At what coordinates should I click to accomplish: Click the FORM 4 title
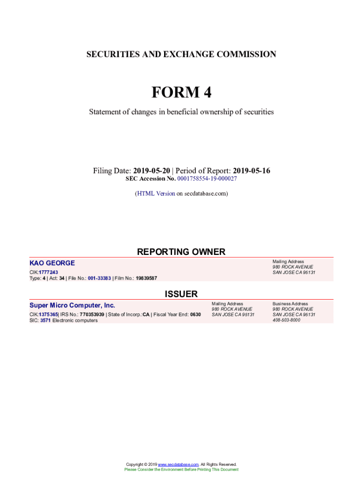tap(181, 93)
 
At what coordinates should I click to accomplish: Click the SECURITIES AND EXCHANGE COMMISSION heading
tap(181, 54)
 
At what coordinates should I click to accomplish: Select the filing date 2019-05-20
tap(151, 171)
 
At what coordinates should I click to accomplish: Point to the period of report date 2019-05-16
tap(252, 171)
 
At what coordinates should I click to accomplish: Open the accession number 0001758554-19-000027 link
tap(207, 179)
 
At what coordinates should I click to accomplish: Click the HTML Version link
tap(156, 193)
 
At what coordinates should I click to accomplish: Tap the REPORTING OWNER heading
tap(181, 252)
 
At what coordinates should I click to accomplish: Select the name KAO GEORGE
tap(52, 263)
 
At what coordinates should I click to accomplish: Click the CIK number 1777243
tap(49, 272)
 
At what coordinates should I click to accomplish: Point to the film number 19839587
tap(146, 278)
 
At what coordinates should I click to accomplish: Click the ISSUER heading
tap(181, 294)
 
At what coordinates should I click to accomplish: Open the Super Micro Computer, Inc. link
tap(72, 305)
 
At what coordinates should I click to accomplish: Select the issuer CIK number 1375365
tap(48, 314)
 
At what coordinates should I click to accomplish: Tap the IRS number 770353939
tap(92, 314)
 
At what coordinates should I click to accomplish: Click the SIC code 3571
tap(45, 320)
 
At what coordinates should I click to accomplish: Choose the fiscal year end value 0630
tap(195, 314)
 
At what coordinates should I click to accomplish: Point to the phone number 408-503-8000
tap(287, 320)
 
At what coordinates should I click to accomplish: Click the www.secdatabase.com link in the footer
tap(178, 464)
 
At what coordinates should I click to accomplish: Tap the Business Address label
tap(290, 304)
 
